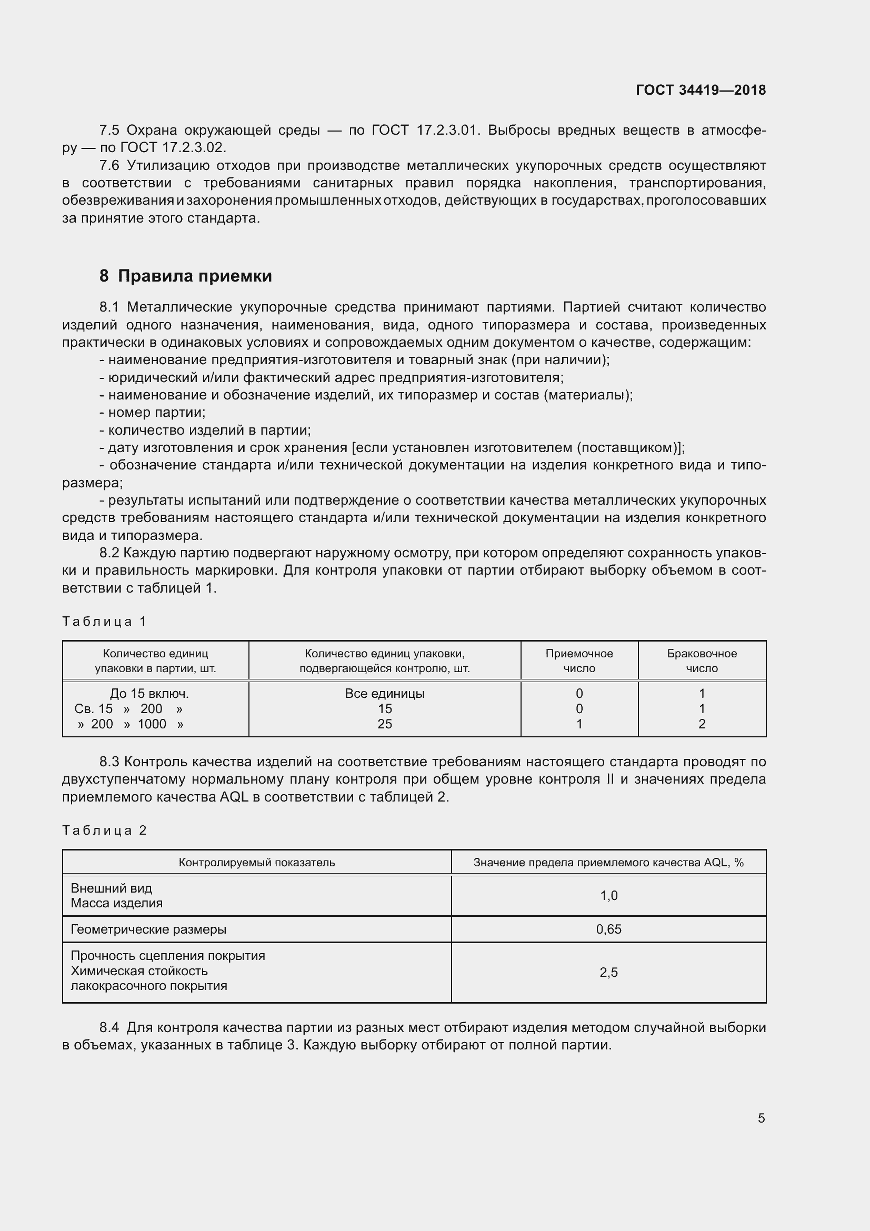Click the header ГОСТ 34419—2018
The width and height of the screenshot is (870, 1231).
pos(700,90)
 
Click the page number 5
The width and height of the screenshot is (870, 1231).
pos(761,1118)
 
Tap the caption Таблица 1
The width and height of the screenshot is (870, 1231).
pos(104,622)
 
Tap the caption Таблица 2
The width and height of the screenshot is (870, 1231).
pos(104,830)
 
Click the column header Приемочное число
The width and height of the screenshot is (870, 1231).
pos(579,660)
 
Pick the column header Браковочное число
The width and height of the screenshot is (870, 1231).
pos(702,660)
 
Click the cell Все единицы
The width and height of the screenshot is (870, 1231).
pos(384,693)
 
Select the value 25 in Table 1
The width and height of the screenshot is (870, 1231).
pos(384,724)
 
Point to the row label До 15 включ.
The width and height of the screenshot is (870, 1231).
pos(149,693)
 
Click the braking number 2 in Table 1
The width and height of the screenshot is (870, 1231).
pos(702,724)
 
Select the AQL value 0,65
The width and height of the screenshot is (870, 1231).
pos(608,929)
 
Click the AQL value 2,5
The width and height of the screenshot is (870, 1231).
pos(608,973)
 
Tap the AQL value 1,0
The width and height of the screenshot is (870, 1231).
pos(608,895)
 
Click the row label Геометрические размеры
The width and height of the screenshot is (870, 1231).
pos(148,929)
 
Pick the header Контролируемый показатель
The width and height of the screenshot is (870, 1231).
pos(257,862)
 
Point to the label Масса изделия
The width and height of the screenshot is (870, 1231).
pos(116,903)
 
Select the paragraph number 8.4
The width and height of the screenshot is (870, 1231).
pos(109,1028)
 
